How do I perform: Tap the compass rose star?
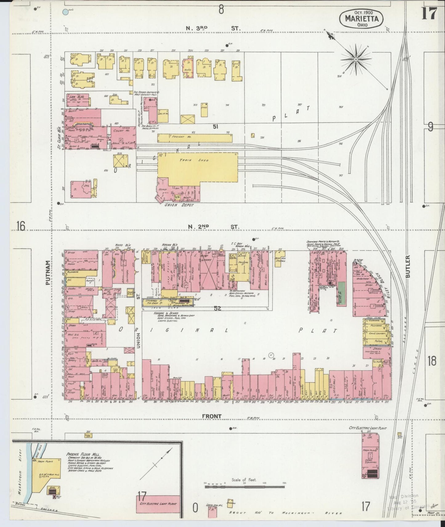[356, 59]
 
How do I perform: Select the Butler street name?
[408, 267]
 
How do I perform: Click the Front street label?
[212, 416]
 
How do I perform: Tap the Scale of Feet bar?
[245, 487]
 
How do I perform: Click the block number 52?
[218, 308]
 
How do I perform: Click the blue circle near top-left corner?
[65, 12]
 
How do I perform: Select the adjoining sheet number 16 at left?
[21, 227]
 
